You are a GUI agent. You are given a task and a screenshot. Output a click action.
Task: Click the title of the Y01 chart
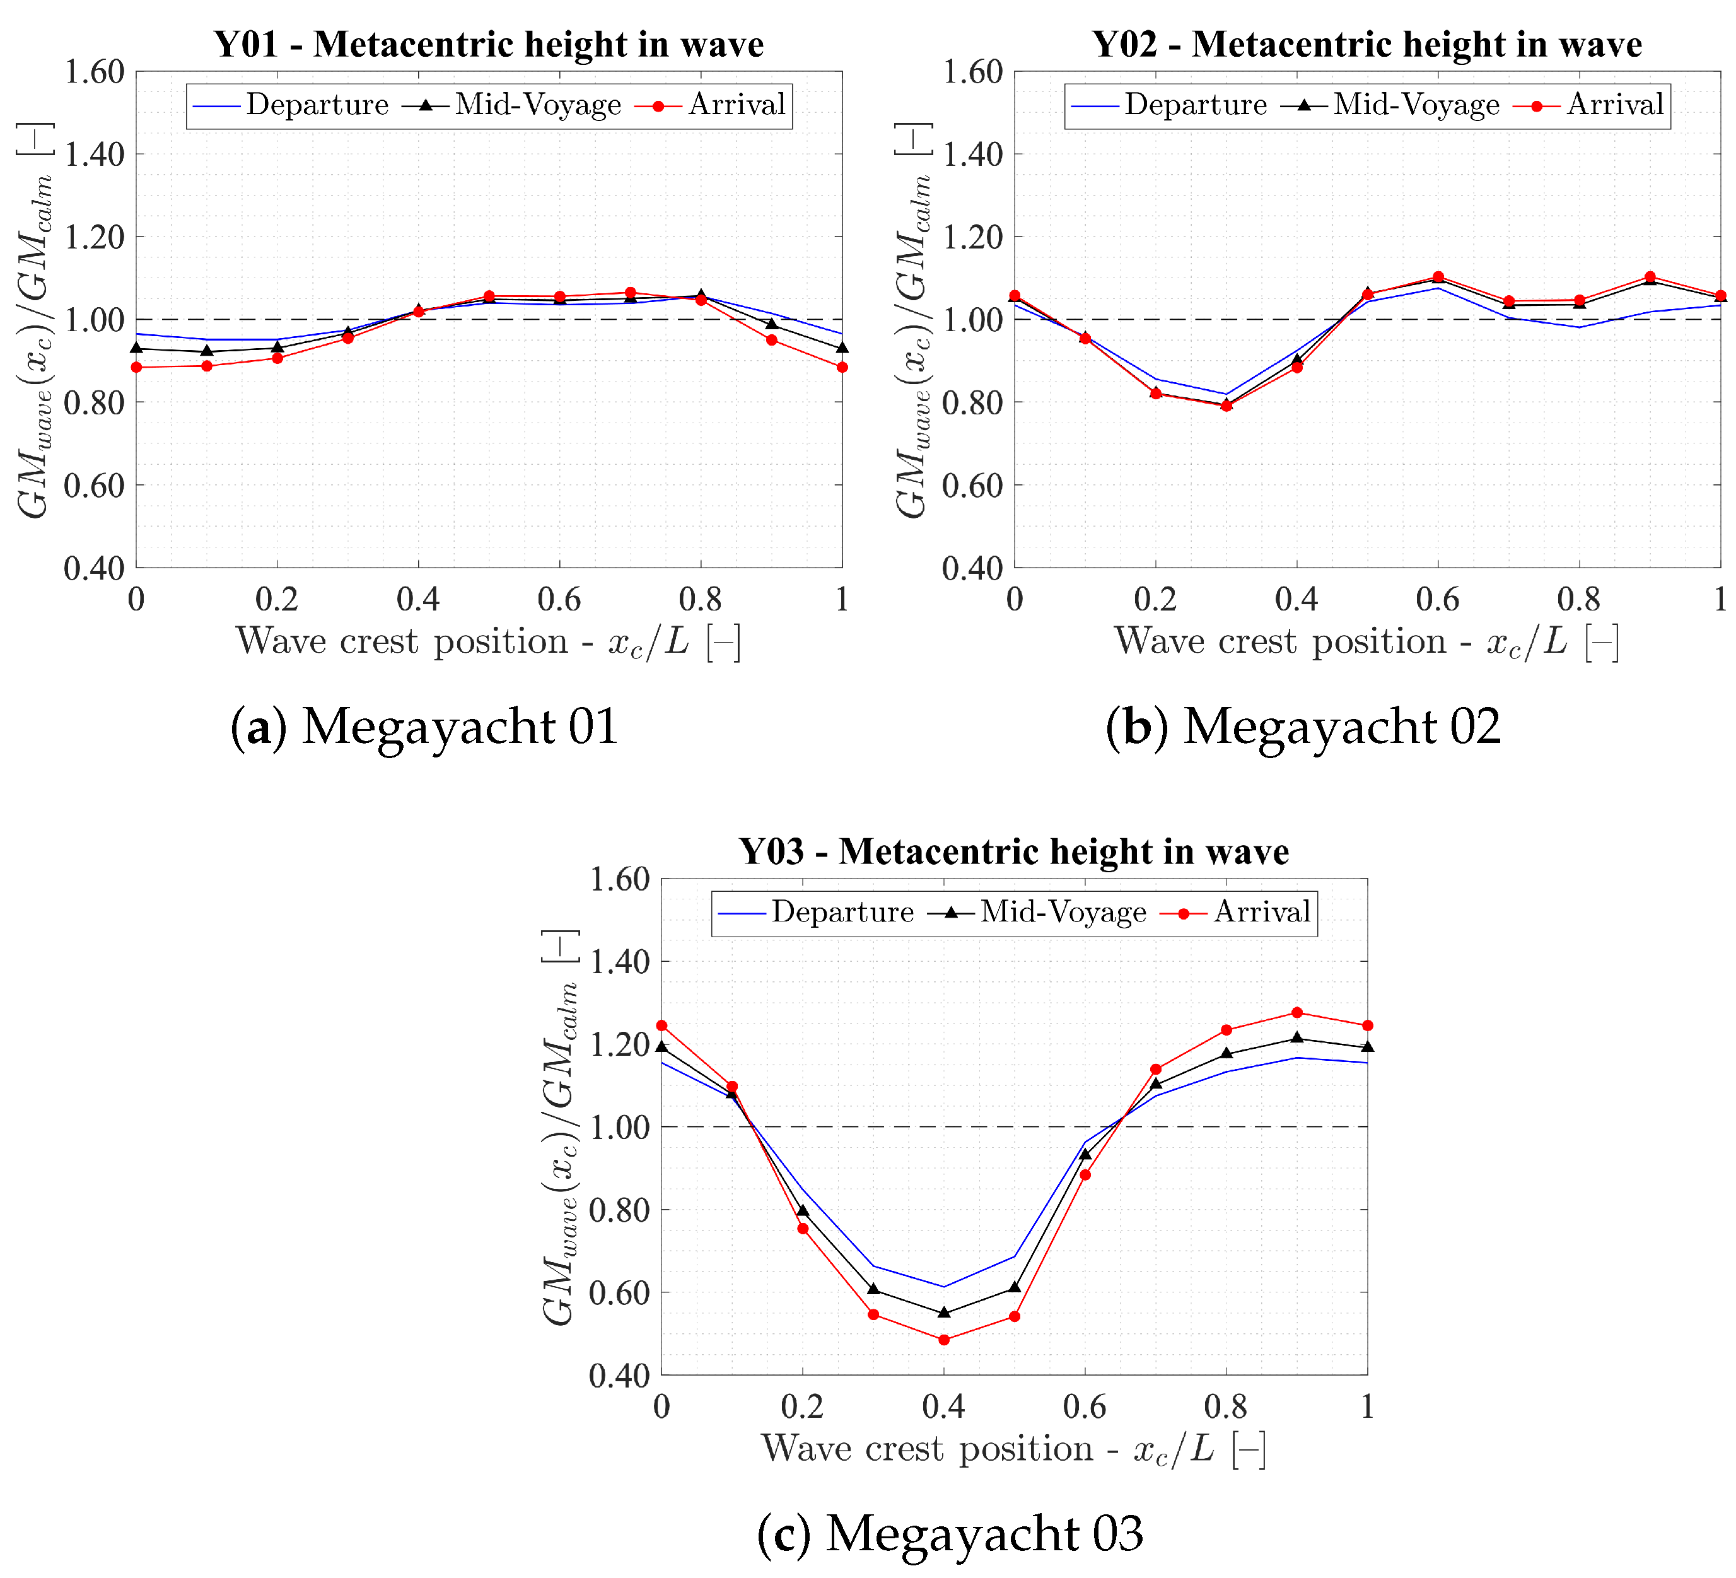(x=488, y=44)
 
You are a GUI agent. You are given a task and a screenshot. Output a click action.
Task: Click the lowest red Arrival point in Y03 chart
(x=944, y=1340)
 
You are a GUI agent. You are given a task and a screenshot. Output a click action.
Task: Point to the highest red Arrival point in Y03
(x=1297, y=1012)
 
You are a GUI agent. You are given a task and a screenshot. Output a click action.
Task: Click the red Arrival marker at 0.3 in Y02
(x=1226, y=406)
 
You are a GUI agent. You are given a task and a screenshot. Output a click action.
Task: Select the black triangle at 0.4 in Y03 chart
(x=944, y=1312)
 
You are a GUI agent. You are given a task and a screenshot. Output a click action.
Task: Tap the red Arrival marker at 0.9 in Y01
(x=772, y=339)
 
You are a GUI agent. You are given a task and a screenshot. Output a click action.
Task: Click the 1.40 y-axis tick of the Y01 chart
(x=95, y=155)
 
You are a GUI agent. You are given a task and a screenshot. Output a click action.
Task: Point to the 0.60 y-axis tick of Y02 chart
(x=973, y=486)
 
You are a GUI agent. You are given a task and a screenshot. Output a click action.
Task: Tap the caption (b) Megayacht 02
(x=1303, y=726)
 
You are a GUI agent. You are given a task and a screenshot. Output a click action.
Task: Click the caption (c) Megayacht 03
(x=950, y=1533)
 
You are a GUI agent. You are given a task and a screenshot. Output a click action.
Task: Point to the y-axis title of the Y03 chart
(x=560, y=1128)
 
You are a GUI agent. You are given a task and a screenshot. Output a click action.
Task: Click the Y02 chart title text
(x=1366, y=44)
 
